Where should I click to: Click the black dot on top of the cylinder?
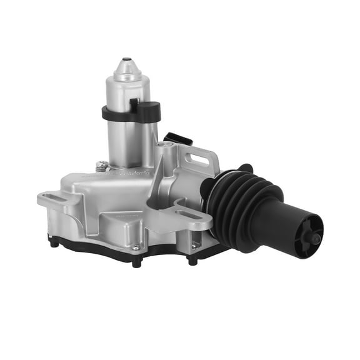coord(127,61)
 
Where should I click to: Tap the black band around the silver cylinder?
coord(119,115)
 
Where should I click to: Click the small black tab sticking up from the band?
coord(134,103)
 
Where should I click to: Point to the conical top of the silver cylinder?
coord(127,68)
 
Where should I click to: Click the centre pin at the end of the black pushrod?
coord(316,238)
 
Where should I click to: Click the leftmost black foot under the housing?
coord(54,242)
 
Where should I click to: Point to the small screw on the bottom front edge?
coord(136,247)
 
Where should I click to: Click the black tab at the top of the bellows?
coord(245,167)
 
